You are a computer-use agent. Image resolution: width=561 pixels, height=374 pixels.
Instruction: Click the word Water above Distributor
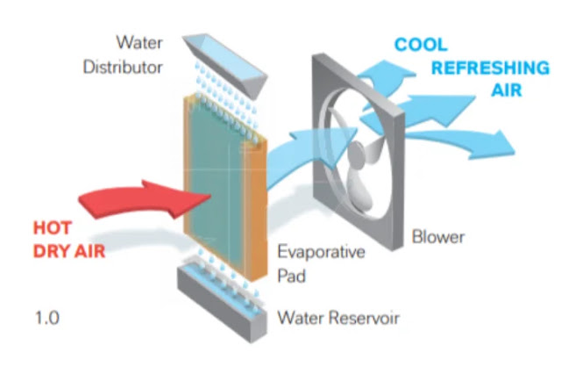click(x=139, y=42)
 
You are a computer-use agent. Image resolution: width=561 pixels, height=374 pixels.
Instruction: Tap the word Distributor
click(x=123, y=67)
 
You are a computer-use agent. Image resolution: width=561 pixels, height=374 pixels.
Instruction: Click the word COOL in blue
click(x=421, y=45)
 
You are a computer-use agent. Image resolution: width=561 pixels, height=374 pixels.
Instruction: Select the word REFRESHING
click(x=490, y=68)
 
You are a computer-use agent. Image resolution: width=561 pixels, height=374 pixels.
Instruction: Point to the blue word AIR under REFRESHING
click(x=507, y=90)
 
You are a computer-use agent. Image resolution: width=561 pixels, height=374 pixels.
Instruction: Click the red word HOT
click(x=53, y=228)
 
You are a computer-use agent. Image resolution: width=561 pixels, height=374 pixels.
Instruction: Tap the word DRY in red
click(x=51, y=251)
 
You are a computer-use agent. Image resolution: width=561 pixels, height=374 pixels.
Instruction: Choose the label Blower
click(x=438, y=237)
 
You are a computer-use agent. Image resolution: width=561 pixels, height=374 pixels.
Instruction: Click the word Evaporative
click(x=321, y=251)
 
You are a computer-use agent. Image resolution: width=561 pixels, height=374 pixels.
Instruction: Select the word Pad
click(x=292, y=276)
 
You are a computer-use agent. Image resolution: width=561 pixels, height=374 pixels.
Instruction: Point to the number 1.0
click(x=47, y=318)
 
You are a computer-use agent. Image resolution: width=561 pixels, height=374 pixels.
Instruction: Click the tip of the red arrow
click(x=210, y=195)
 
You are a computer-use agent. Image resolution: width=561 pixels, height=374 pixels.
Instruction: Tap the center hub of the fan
click(x=357, y=153)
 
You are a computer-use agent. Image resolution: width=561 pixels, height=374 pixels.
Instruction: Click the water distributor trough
click(x=225, y=64)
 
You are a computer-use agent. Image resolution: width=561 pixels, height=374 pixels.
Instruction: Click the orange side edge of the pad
click(x=256, y=212)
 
